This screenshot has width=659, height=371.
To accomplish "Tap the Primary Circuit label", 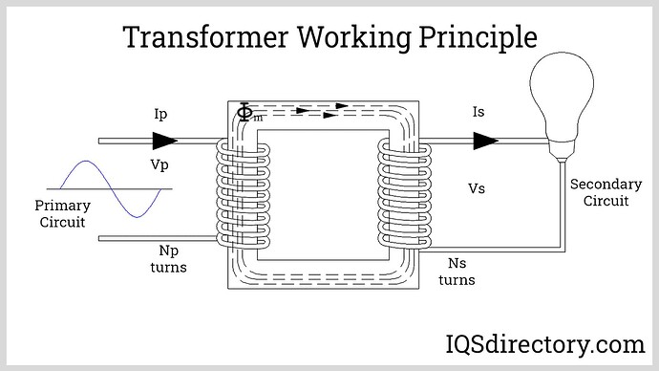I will (x=62, y=213).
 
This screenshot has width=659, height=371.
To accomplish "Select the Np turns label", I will (x=168, y=259).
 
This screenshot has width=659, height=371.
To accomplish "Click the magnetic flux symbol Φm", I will (x=246, y=115).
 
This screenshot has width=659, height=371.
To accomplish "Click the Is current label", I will (x=479, y=114).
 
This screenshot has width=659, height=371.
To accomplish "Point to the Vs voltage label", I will (x=476, y=188).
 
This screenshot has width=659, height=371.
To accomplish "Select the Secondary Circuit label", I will (x=599, y=192).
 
